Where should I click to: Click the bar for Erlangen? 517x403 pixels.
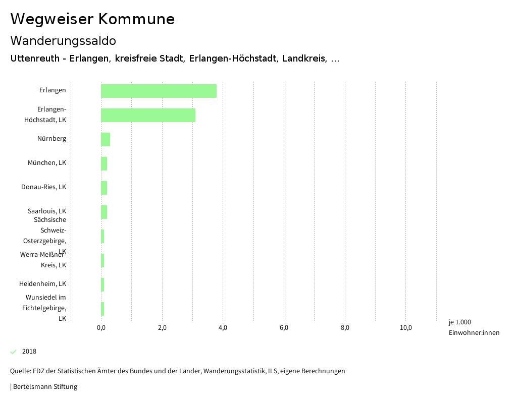(159, 91)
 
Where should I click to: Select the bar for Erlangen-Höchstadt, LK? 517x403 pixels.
(148, 115)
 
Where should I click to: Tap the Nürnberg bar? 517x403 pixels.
(106, 139)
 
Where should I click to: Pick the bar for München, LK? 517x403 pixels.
(104, 163)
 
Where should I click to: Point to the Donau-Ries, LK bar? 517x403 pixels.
(104, 188)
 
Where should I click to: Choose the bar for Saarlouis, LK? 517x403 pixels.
(104, 212)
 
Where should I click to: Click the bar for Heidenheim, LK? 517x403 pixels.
(102, 284)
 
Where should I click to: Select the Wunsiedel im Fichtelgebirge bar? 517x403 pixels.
(102, 309)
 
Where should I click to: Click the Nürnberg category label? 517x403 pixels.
(51, 139)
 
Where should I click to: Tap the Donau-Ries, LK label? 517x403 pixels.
(43, 187)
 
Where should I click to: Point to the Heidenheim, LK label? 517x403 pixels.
(42, 284)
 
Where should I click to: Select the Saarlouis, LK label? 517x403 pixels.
(47, 211)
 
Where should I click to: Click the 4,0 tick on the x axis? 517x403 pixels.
(223, 328)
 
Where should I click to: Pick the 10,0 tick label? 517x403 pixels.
(406, 328)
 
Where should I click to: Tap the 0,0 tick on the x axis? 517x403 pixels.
(101, 328)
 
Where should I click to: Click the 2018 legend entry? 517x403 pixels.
(29, 352)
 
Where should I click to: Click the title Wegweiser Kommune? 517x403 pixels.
(92, 19)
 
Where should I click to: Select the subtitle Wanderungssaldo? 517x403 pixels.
(63, 40)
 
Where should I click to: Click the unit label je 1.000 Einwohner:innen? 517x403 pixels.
(474, 327)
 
